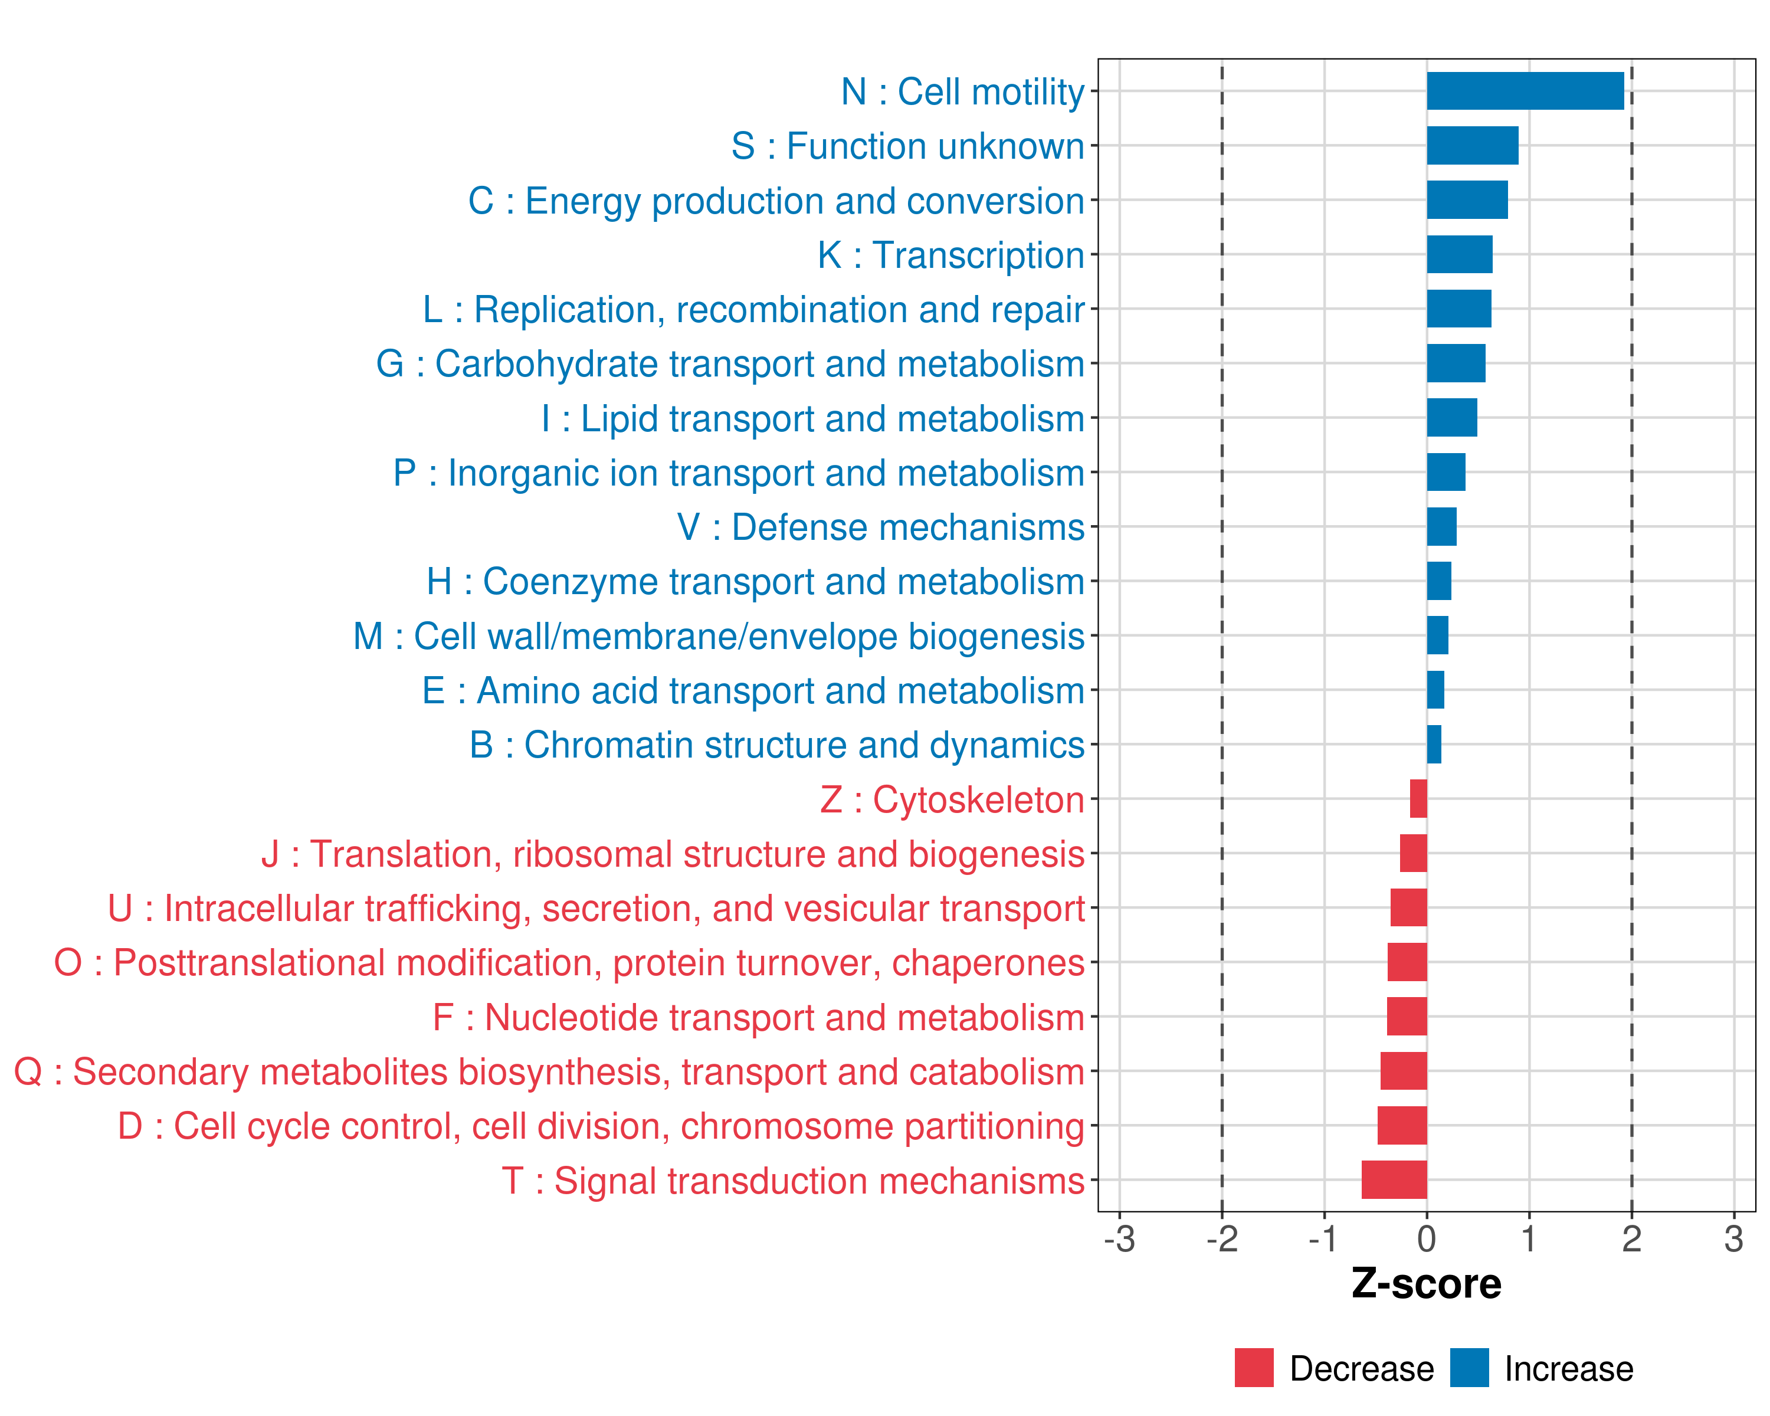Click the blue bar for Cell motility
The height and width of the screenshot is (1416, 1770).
pos(1525,91)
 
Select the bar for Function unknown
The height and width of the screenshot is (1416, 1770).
pos(1472,145)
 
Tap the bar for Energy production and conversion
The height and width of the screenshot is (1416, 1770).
pos(1467,200)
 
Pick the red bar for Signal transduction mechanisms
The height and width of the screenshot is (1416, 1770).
pos(1394,1179)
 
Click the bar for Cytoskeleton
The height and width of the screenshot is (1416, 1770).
pos(1418,799)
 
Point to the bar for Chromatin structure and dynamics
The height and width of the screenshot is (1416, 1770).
pos(1433,745)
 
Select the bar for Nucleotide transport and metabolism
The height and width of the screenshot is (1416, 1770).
pos(1407,1016)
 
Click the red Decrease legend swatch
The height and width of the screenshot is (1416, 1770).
pos(1254,1368)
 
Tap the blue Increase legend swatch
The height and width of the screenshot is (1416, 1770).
pos(1469,1368)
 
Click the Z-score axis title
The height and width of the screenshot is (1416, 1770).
pos(1426,1284)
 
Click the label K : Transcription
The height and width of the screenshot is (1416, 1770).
pos(950,255)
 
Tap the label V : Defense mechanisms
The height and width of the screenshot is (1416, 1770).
pos(880,527)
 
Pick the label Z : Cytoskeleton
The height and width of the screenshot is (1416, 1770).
pos(952,799)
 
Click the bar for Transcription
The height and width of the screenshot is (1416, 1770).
pos(1459,254)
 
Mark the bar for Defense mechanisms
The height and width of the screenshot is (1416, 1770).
pos(1441,526)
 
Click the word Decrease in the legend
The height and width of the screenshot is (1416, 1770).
pos(1361,1368)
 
